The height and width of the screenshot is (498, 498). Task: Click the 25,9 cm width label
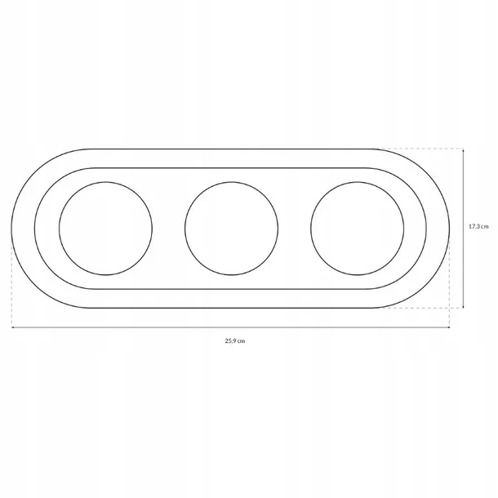(235, 341)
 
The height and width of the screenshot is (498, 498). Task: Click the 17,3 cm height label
(478, 226)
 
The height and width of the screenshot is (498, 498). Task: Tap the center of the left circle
(106, 229)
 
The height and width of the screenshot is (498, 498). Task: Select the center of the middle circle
(232, 229)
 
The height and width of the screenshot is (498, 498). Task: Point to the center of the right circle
(358, 229)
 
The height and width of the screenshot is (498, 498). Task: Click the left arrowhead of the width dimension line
(12, 327)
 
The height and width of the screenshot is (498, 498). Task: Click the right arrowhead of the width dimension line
(448, 327)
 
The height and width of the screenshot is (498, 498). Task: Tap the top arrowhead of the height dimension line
(464, 150)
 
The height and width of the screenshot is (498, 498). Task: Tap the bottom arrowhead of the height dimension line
(464, 306)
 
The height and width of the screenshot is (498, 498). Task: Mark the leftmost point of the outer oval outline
(11, 229)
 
